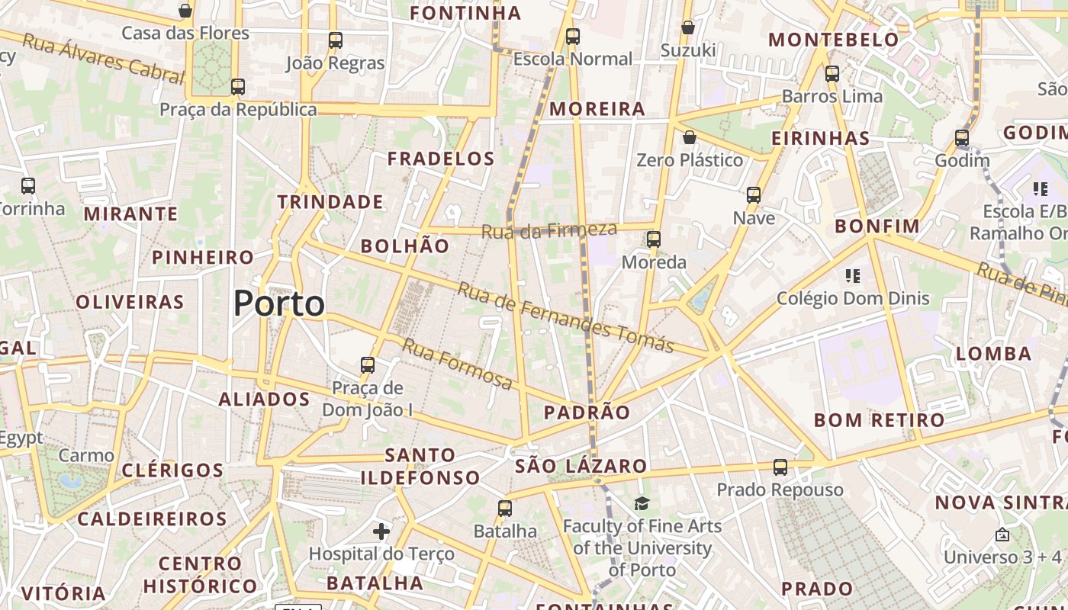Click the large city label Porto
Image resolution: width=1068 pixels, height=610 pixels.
(x=279, y=303)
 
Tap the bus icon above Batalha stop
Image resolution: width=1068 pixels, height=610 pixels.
(x=504, y=509)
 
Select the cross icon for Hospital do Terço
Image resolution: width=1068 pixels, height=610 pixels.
(x=381, y=531)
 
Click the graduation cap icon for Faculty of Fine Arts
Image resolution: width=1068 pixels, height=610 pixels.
(x=642, y=504)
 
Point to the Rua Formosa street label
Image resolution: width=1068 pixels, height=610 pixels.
(x=457, y=364)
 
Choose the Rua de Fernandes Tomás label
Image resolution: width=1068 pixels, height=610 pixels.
(x=565, y=317)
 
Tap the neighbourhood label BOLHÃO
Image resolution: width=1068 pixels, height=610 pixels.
(x=405, y=246)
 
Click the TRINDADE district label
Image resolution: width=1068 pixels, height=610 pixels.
(x=330, y=202)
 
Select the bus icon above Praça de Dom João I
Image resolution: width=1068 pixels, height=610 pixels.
(x=368, y=365)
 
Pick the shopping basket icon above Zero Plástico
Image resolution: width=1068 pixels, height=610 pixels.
(x=689, y=138)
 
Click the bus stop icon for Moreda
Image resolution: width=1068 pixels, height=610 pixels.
(x=653, y=239)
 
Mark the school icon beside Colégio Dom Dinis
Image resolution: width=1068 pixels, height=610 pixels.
(x=852, y=275)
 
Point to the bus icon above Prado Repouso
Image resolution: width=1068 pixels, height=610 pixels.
(x=780, y=467)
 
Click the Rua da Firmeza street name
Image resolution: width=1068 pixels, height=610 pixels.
(x=549, y=229)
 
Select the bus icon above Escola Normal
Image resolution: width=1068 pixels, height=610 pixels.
(x=572, y=37)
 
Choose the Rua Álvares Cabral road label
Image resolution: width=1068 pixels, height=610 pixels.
(x=103, y=58)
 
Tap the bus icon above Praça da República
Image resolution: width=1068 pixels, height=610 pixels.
(x=238, y=87)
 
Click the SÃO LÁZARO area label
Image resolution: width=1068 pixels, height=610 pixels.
(x=581, y=466)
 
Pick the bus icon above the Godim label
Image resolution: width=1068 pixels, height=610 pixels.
(x=961, y=139)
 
